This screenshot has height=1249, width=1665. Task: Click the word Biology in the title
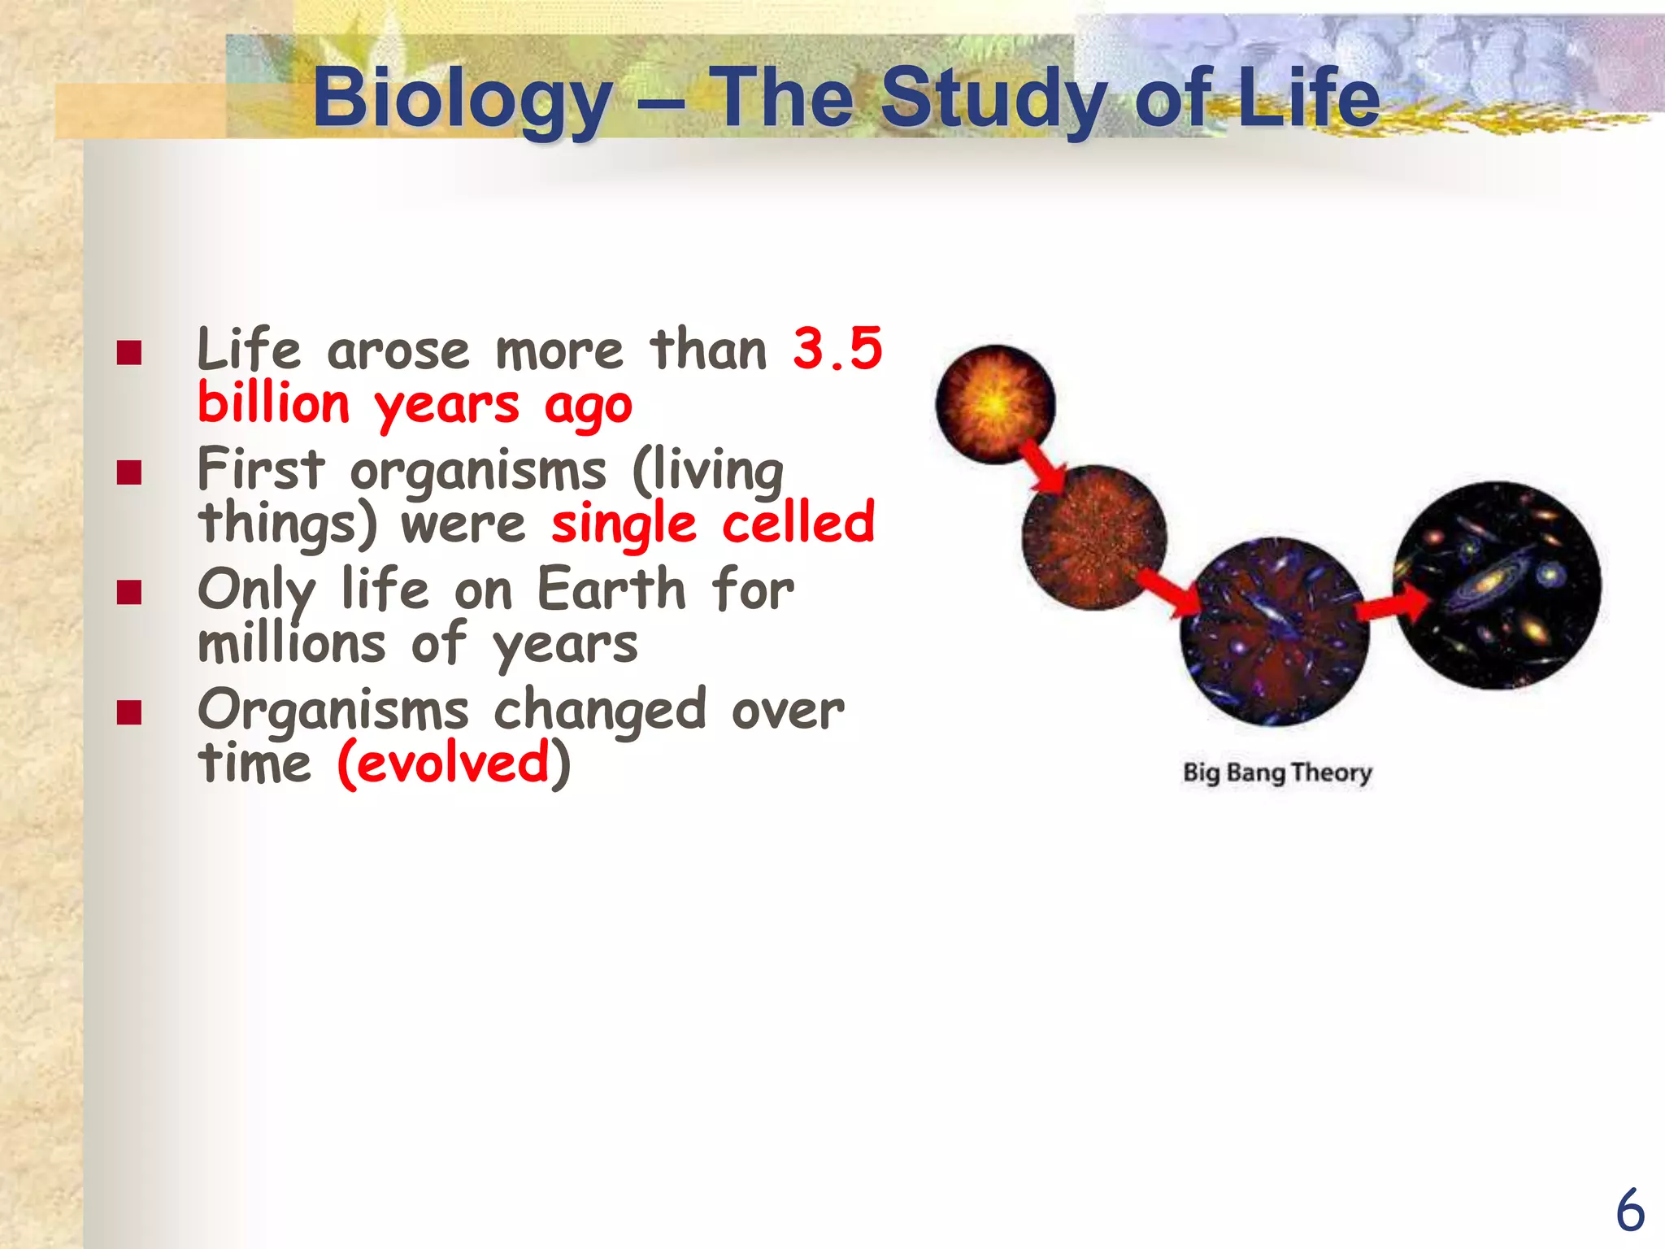(462, 99)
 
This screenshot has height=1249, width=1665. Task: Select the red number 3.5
(837, 349)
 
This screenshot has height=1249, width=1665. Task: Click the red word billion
(274, 404)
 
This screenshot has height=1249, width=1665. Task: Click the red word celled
(798, 523)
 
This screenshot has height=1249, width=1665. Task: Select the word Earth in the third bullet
(611, 589)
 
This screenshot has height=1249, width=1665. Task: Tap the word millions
(291, 644)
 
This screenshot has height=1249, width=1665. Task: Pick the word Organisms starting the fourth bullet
(333, 710)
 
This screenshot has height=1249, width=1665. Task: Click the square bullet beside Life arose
(129, 353)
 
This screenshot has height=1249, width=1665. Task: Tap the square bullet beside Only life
(129, 592)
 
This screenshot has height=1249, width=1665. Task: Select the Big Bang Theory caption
(1276, 772)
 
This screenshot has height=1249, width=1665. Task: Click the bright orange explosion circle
(995, 404)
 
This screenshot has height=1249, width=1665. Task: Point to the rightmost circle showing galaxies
(1498, 585)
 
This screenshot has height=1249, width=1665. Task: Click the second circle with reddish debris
(1093, 537)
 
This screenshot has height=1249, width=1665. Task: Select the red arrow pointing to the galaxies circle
(1393, 605)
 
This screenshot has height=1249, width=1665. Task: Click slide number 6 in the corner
(1629, 1211)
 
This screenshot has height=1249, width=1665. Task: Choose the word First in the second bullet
(260, 469)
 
